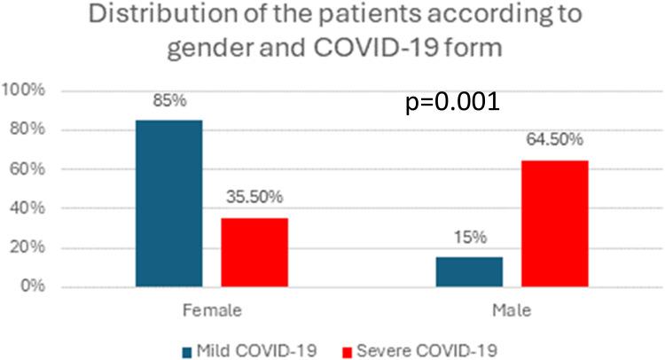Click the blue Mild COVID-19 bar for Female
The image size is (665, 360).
click(x=168, y=203)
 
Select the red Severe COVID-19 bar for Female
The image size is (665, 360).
click(x=254, y=252)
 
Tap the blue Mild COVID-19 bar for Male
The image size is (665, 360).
click(x=469, y=271)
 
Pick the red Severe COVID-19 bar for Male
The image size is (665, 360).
click(x=554, y=223)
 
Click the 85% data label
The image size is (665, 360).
click(x=168, y=101)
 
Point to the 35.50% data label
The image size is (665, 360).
click(x=254, y=199)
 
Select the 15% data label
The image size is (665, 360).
click(x=469, y=239)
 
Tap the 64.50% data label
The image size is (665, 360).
click(x=554, y=141)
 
